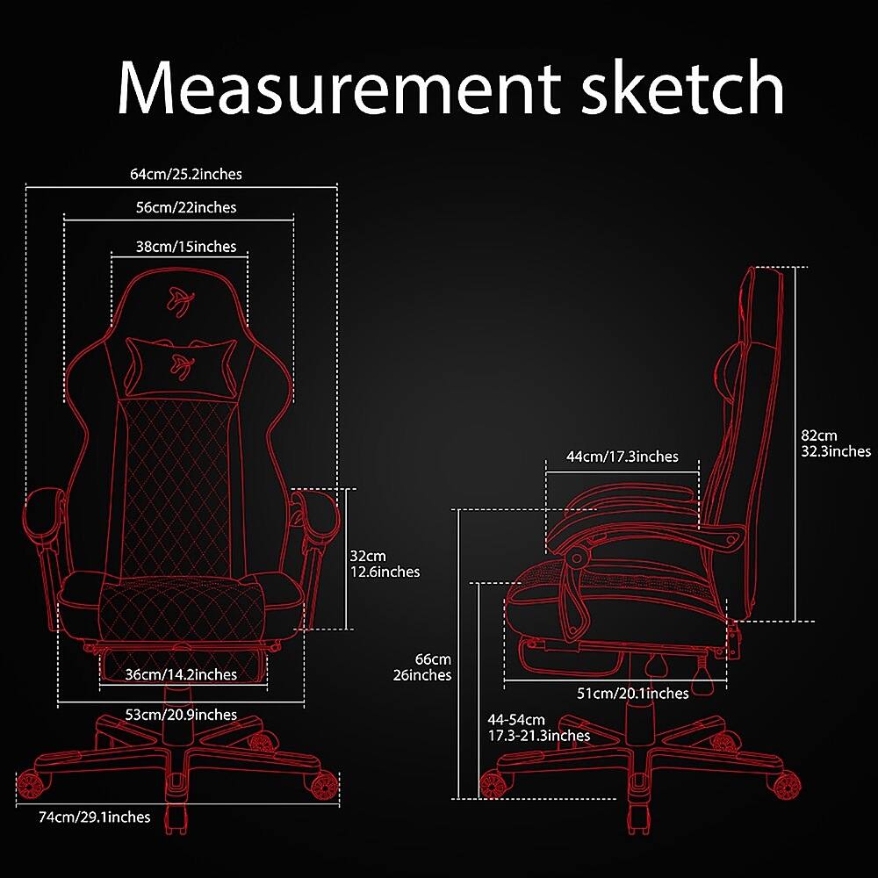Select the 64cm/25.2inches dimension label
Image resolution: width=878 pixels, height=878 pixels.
click(x=185, y=174)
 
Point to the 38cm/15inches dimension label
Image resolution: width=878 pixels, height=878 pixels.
click(x=185, y=247)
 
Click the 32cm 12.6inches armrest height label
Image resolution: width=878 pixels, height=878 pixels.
click(x=384, y=564)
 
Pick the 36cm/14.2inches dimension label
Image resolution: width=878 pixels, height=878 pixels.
click(x=181, y=674)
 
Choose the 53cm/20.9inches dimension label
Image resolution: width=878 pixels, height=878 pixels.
click(x=181, y=715)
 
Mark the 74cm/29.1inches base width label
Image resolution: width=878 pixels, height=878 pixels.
click(x=95, y=817)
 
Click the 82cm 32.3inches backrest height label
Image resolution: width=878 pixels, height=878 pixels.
click(x=835, y=443)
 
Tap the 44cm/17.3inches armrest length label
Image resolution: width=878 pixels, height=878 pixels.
click(x=623, y=457)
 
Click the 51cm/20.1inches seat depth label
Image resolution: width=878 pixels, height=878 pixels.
click(x=632, y=694)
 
